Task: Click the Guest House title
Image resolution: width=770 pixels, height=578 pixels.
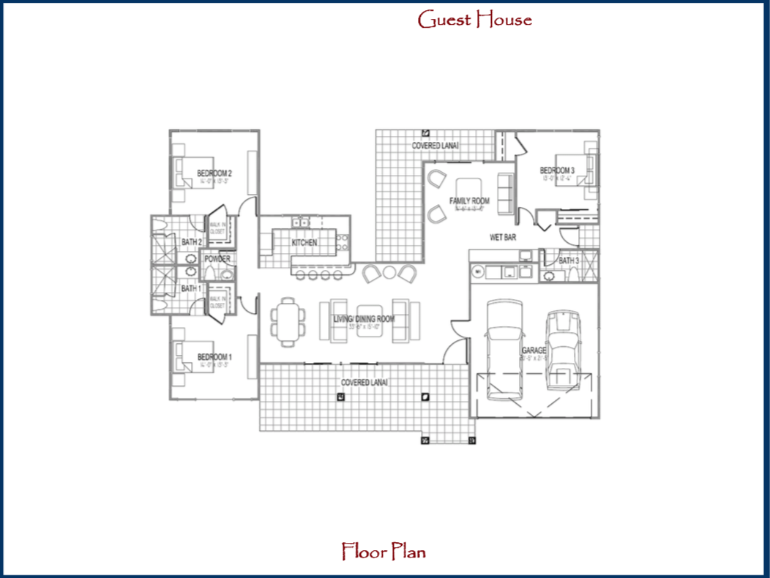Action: (474, 20)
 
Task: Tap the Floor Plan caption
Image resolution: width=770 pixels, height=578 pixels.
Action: (384, 551)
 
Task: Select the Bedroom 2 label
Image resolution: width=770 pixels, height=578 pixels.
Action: (214, 173)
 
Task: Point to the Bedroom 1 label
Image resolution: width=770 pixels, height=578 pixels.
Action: (214, 357)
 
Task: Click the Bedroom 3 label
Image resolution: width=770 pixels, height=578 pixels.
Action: (558, 170)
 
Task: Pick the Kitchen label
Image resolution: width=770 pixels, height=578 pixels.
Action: (304, 242)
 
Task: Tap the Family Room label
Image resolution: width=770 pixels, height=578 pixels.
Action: (469, 201)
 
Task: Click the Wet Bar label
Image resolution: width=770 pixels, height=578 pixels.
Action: (504, 237)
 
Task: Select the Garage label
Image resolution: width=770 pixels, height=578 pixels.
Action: (534, 351)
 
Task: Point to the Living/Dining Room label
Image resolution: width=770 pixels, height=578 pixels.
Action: (364, 319)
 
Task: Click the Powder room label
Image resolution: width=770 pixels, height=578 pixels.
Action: (217, 259)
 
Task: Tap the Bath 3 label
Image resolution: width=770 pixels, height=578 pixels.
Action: (569, 260)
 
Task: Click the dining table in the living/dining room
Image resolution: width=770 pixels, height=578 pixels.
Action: (287, 320)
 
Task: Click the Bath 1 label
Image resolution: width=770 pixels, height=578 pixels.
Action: (190, 288)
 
